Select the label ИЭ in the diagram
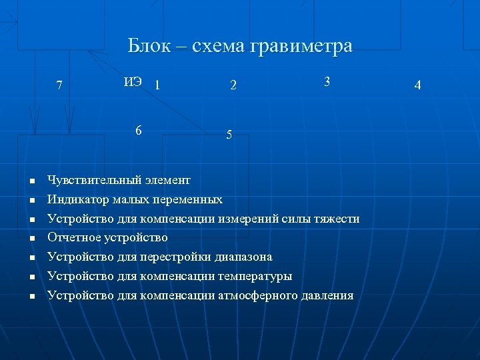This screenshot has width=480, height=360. (132, 82)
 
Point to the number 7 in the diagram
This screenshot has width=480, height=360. (60, 85)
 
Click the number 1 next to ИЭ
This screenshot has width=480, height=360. (157, 85)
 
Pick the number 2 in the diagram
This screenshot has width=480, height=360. (233, 85)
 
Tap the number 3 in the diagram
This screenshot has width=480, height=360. (327, 81)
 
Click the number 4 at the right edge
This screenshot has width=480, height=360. (417, 85)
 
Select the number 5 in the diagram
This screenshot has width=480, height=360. (229, 135)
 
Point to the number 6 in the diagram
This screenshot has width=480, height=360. (138, 130)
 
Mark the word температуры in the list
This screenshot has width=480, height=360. (255, 276)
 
